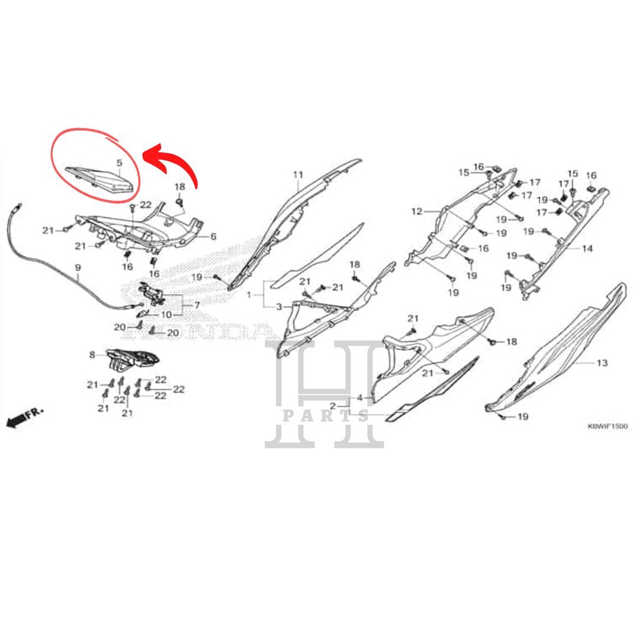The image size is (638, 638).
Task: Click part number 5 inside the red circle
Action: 119,163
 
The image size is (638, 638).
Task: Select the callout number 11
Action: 298,174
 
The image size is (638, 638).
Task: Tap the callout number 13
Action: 602,363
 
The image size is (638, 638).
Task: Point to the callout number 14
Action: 587,249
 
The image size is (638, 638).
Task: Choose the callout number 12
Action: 416,212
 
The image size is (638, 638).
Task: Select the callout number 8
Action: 92,355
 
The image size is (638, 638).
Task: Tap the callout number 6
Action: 212,237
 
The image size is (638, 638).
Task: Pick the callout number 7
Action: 197,305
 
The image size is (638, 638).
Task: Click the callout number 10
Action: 166,315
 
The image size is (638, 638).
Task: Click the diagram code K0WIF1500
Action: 607,427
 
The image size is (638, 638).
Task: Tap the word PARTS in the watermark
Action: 325,416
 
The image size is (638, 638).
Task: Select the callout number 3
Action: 279,307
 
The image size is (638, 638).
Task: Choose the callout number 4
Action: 359,398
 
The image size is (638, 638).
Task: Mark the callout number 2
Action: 333,406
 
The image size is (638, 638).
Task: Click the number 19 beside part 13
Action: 523,416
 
